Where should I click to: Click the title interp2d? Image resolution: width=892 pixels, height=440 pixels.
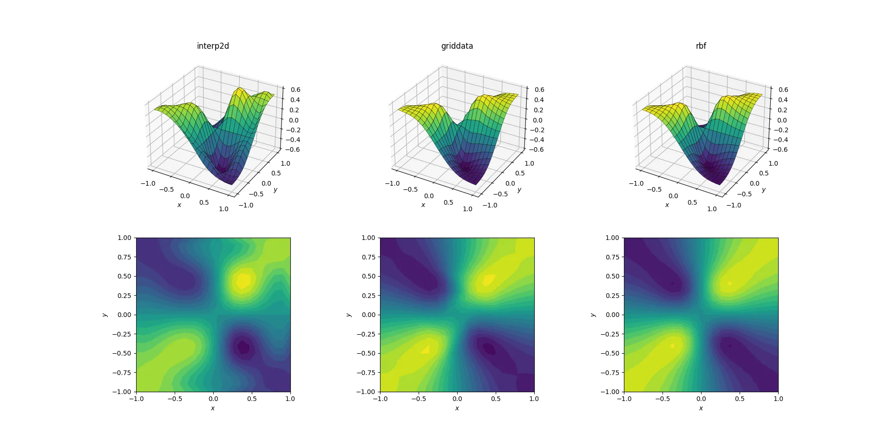(x=213, y=46)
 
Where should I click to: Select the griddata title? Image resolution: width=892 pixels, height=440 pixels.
(x=457, y=46)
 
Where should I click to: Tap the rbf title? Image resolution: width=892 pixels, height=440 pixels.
(x=701, y=46)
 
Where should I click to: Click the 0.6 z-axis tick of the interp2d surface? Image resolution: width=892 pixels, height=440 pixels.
(x=295, y=90)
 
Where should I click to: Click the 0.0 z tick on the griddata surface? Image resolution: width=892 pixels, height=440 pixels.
(x=538, y=120)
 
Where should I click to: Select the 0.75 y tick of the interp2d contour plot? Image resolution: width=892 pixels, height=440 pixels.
(x=124, y=257)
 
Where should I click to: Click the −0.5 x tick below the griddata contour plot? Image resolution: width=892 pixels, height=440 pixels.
(x=419, y=399)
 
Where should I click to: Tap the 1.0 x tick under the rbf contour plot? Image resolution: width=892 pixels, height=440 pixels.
(x=778, y=399)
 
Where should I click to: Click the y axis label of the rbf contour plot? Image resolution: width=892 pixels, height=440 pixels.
(x=593, y=315)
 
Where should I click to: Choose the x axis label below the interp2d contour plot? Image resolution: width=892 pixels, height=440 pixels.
(x=213, y=408)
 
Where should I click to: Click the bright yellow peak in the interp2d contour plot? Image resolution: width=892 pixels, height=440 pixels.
(x=243, y=280)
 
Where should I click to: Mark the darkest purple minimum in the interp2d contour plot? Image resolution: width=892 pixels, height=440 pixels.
(x=243, y=346)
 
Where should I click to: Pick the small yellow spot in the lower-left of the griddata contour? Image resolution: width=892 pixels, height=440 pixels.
(x=426, y=349)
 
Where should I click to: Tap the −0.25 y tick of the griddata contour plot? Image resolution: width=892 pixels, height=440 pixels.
(x=366, y=334)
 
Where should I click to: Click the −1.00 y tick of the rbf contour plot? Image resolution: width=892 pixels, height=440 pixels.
(x=610, y=392)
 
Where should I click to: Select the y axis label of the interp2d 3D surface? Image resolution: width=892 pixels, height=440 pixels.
(x=275, y=190)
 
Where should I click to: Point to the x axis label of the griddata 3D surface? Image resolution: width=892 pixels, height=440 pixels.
(x=423, y=205)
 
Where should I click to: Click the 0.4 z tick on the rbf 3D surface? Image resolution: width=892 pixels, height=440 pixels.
(x=783, y=100)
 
